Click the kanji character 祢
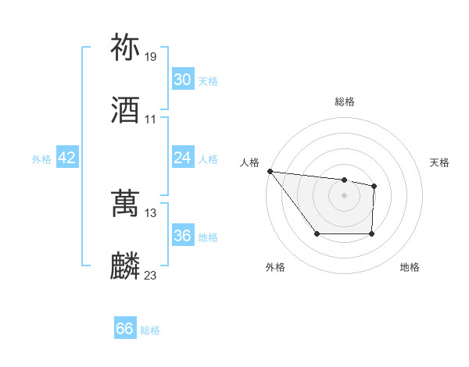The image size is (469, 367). (x=126, y=48)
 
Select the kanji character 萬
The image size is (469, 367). (x=126, y=204)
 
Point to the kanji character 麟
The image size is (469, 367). (x=126, y=266)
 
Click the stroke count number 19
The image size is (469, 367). (x=150, y=56)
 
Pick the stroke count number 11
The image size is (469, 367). (x=150, y=119)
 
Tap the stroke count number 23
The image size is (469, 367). (x=150, y=275)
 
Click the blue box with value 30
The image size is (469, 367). (x=183, y=80)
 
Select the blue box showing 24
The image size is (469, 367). (x=183, y=158)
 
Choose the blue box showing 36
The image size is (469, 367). (x=183, y=236)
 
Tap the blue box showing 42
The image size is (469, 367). (x=67, y=158)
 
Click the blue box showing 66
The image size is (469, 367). (x=125, y=329)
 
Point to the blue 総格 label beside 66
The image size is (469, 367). (x=150, y=330)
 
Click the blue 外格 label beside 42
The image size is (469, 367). (x=41, y=159)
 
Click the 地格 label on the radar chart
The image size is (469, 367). (x=410, y=267)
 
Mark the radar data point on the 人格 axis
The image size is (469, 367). (x=270, y=171)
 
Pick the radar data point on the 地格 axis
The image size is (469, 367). (x=371, y=233)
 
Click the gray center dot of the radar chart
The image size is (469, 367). (x=344, y=195)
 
